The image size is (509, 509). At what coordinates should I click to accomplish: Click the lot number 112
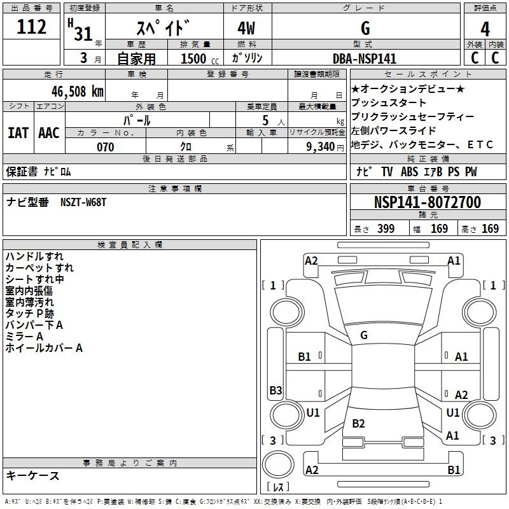[x=31, y=27]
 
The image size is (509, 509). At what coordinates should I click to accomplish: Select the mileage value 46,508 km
[x=78, y=92]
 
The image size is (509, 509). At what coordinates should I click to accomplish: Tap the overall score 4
[x=485, y=29]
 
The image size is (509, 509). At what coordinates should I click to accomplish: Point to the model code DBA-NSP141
[x=365, y=59]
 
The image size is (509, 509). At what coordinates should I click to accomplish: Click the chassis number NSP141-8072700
[x=428, y=202]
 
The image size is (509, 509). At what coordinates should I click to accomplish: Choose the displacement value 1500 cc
[x=200, y=59]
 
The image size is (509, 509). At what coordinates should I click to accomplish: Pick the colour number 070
[x=106, y=147]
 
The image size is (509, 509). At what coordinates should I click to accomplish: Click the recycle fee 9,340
[x=321, y=147]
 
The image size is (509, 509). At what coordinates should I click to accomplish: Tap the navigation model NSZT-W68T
[x=83, y=202]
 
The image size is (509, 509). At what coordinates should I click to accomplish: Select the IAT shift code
[x=18, y=133]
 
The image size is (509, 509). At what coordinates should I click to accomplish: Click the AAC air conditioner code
[x=49, y=133]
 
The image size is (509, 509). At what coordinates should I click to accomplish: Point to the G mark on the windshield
[x=364, y=335]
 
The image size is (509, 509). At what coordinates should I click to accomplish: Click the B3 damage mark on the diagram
[x=275, y=390]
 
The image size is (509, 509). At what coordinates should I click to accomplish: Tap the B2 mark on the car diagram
[x=358, y=423]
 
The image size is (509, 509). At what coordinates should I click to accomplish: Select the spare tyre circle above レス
[x=278, y=464]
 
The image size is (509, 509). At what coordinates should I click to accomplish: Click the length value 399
[x=386, y=228]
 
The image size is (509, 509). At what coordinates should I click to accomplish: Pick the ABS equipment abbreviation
[x=409, y=172]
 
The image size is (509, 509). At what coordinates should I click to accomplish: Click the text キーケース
[x=33, y=475]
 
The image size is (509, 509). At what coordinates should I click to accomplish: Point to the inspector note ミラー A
[x=24, y=337]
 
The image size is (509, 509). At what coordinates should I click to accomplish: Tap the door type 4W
[x=246, y=28]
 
